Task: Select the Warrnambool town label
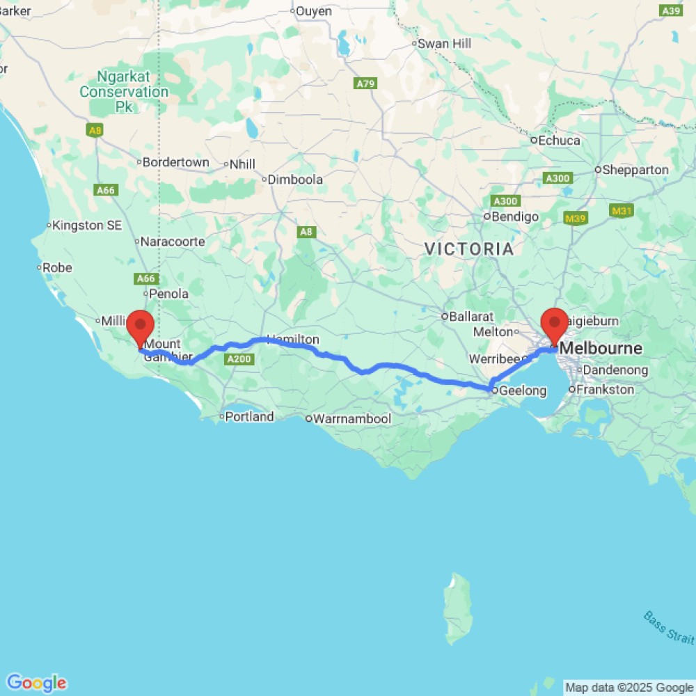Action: [351, 419]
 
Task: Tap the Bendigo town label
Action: [515, 216]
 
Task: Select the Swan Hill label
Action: [444, 43]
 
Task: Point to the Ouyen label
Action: [315, 11]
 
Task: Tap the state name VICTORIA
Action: [469, 248]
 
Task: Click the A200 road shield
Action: [238, 359]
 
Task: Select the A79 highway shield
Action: [365, 84]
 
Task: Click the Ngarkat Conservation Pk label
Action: [124, 91]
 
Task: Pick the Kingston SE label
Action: [87, 225]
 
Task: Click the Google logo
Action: [36, 683]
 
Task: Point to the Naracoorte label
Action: [173, 242]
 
